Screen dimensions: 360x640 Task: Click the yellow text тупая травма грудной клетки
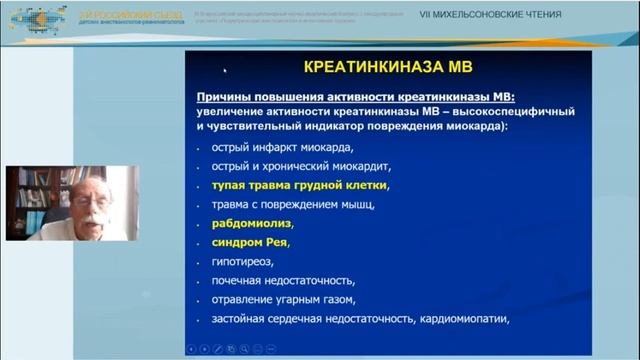299,185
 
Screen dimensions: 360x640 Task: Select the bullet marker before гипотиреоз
199,261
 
